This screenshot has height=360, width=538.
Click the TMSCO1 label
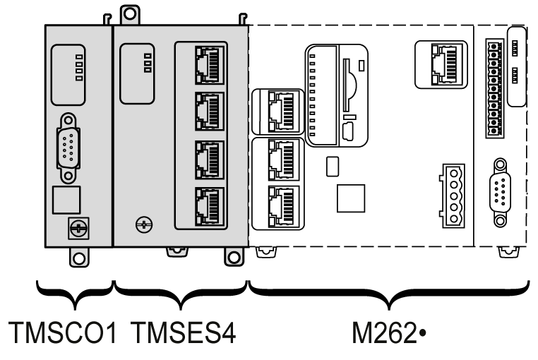click(62, 332)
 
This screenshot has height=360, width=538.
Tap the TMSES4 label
click(184, 332)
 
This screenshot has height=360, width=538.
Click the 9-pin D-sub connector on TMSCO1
click(68, 148)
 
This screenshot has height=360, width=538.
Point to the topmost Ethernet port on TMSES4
click(210, 65)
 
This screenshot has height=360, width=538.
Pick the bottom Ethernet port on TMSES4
click(210, 206)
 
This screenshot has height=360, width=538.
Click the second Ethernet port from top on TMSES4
click(210, 112)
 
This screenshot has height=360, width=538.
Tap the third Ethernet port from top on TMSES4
click(210, 160)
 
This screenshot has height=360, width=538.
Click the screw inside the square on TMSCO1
click(78, 228)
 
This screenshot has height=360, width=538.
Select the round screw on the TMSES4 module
click(144, 224)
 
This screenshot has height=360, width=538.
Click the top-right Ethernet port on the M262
click(444, 64)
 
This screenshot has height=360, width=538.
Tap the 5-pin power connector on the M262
click(453, 196)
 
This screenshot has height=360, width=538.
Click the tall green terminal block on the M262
click(494, 88)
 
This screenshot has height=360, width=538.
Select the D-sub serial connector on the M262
click(501, 192)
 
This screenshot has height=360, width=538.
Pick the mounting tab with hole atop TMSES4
click(130, 14)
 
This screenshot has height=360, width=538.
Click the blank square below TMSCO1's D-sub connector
click(66, 200)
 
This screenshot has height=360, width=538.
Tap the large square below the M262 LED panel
click(351, 198)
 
